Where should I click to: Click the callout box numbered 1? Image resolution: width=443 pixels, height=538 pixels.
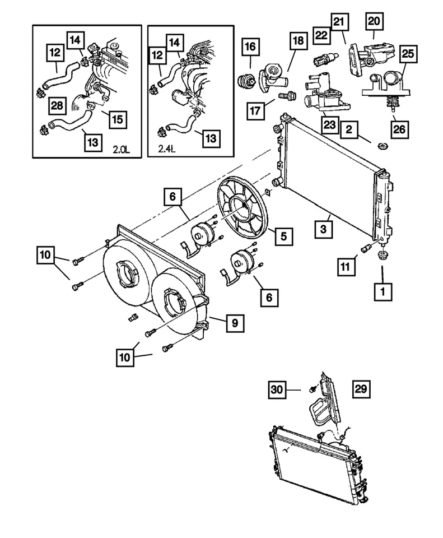(x=383, y=291)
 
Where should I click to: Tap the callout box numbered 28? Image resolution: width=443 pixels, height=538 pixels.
(x=57, y=104)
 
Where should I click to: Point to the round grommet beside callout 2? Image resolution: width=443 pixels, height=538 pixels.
(x=383, y=146)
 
